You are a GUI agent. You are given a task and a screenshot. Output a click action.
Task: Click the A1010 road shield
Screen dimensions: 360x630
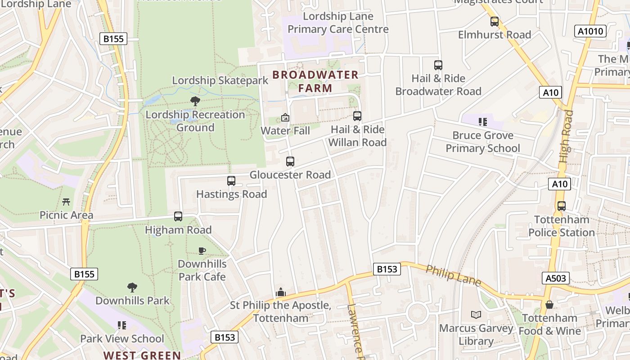[x=591, y=31]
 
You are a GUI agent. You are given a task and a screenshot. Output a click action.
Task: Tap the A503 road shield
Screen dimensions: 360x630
[x=555, y=278]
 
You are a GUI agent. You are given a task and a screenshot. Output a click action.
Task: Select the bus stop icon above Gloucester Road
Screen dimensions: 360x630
[x=290, y=162]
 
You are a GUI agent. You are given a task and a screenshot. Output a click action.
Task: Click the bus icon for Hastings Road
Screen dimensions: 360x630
[x=231, y=181]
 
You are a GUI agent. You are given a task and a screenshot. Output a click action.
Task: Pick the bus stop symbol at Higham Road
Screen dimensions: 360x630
[x=178, y=216]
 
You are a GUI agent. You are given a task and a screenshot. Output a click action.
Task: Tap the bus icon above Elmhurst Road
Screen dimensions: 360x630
[x=495, y=21]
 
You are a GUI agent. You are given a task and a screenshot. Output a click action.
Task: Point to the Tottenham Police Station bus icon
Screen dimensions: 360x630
[x=561, y=206]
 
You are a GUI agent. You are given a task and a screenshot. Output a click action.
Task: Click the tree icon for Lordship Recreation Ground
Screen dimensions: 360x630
[x=195, y=101]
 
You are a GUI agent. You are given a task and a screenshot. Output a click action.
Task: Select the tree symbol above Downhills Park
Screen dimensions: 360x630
[x=132, y=287]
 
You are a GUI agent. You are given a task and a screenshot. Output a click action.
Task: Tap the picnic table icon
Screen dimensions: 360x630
[x=66, y=202]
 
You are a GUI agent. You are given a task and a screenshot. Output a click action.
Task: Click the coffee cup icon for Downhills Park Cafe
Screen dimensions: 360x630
[x=202, y=251]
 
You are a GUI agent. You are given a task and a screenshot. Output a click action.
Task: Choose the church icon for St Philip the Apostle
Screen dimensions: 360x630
[x=281, y=292]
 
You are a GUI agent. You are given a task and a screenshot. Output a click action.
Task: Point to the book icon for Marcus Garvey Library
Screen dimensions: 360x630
[x=476, y=315]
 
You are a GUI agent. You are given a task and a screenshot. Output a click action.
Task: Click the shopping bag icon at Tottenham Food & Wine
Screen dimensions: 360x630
[x=549, y=305]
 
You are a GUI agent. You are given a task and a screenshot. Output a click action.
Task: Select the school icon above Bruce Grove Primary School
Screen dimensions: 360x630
[x=483, y=121]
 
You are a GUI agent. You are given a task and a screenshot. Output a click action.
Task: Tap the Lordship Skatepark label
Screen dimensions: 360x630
[x=220, y=81]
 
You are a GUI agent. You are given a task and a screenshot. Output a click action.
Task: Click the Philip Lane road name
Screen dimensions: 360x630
[x=453, y=276]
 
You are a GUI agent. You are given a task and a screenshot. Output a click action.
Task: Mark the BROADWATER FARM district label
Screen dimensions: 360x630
[x=315, y=81]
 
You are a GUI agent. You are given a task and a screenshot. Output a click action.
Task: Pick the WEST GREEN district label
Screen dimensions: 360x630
[x=142, y=355]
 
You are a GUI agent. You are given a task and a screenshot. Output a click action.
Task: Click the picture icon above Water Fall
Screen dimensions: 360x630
[x=285, y=118]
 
